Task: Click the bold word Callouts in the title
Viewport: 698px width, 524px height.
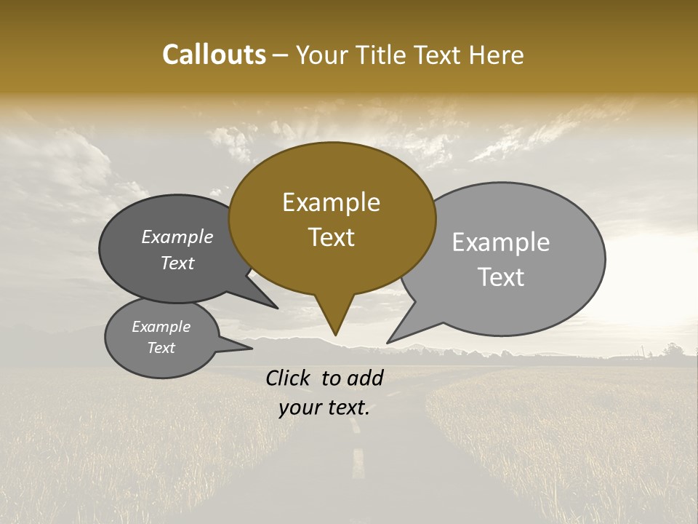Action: pos(214,55)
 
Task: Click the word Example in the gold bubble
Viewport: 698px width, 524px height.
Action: pos(331,202)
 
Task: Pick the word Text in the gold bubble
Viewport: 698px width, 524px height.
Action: pos(331,237)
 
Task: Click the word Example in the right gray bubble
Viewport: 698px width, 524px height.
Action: pos(500,242)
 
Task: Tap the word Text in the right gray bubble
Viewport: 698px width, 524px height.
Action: pos(501,277)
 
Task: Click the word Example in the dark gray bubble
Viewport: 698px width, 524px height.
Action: pos(177,237)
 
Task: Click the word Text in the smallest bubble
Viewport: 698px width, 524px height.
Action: pos(161,348)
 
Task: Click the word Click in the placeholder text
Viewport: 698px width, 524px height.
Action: pos(289,378)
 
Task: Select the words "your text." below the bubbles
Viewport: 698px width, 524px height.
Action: pos(324,408)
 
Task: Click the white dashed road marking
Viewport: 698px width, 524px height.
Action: pos(358,463)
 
